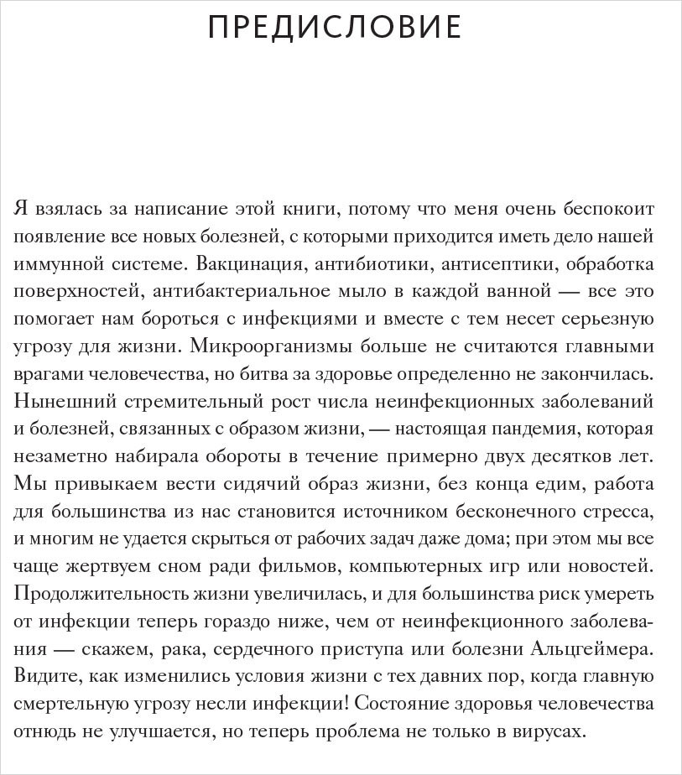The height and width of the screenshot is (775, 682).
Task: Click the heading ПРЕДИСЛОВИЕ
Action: click(334, 28)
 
